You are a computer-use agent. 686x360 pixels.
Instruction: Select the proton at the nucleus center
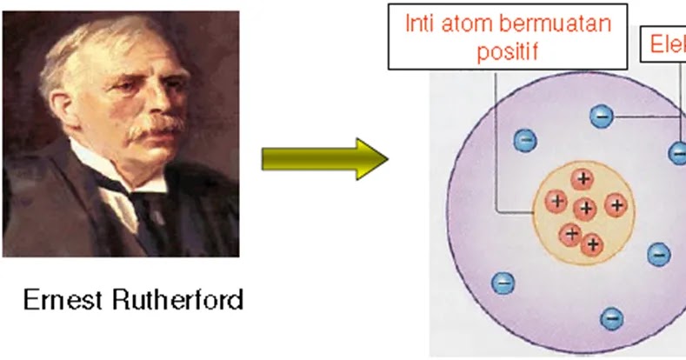coord(586,208)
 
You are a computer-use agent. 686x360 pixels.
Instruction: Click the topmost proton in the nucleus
coord(583,179)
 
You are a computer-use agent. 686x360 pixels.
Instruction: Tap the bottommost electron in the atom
coord(612,317)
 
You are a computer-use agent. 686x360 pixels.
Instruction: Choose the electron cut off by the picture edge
coord(678,153)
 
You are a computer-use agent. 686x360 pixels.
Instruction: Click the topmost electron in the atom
coord(601,116)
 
